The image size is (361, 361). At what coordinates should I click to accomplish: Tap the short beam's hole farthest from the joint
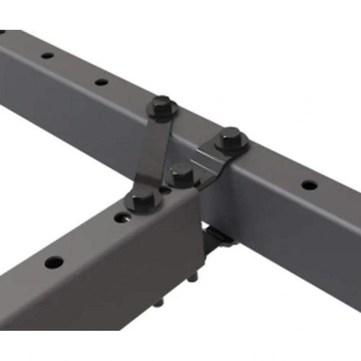(54, 262)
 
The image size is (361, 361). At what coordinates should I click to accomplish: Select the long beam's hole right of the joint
(309, 185)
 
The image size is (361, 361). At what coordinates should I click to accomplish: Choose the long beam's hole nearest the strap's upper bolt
(102, 82)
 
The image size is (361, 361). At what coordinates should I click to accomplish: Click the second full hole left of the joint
(47, 56)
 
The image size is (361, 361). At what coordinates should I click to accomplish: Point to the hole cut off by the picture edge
(2, 32)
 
